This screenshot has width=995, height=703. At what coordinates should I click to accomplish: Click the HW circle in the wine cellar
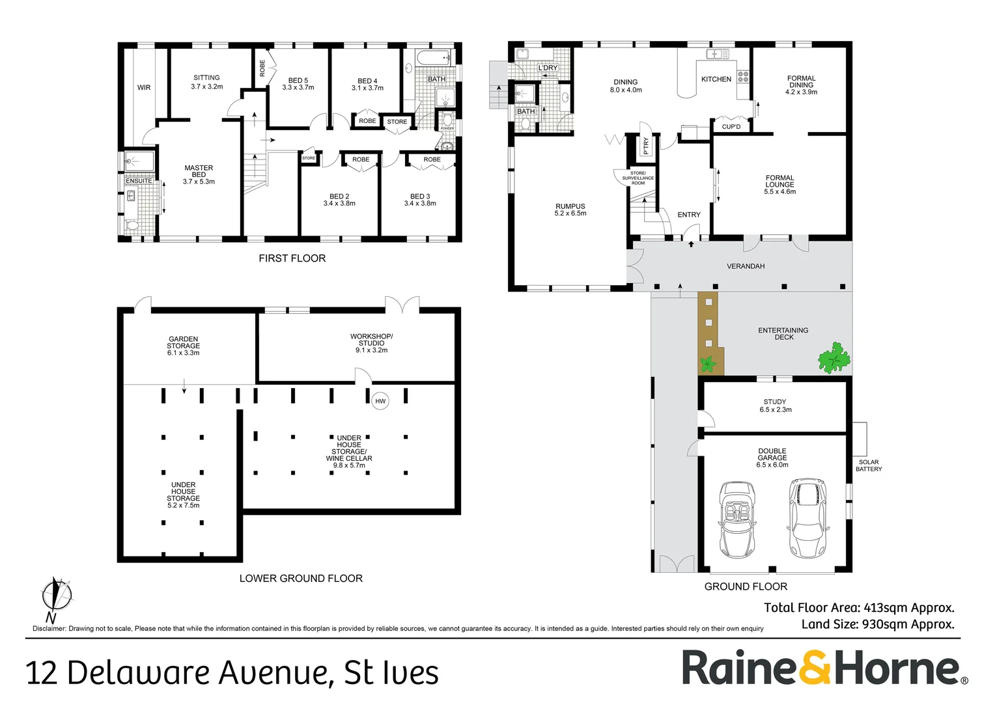380,401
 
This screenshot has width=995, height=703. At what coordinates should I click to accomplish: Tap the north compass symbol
56,595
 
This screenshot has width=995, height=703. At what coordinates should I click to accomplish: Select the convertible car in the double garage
736,519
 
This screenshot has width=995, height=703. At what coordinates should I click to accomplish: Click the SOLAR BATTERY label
869,465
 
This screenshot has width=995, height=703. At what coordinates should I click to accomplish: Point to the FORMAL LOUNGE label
779,184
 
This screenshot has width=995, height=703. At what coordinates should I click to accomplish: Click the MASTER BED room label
199,174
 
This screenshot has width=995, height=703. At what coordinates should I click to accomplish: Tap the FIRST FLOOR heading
292,258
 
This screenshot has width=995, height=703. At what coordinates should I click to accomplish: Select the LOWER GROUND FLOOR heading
301,578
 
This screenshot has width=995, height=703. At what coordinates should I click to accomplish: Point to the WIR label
144,87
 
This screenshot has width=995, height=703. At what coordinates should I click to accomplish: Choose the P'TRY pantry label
645,145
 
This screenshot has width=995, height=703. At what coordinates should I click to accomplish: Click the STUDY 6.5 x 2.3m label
775,406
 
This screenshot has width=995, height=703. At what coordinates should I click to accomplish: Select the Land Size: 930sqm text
878,624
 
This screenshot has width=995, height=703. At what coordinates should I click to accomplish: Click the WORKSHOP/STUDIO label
371,343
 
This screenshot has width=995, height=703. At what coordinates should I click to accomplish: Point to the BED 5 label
298,84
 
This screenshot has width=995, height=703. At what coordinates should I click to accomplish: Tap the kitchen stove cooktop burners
743,76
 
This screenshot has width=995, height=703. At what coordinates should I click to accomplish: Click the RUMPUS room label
570,210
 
